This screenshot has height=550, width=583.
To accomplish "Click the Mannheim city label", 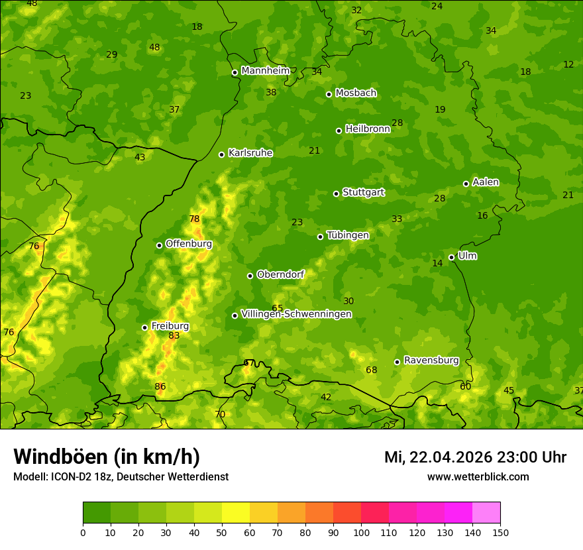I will click(266, 71).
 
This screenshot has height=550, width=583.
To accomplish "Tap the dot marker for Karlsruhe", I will click(222, 154).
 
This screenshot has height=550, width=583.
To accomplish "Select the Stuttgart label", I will click(363, 193).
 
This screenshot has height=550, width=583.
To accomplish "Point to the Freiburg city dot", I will click(145, 327).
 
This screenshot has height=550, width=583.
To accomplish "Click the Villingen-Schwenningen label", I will click(296, 314).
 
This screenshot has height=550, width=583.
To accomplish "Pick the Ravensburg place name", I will click(431, 360).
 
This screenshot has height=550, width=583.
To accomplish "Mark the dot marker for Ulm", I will click(452, 257).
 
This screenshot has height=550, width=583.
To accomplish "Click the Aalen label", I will click(486, 182).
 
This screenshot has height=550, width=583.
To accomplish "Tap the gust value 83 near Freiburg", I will click(174, 336).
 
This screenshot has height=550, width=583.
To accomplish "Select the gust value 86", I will click(160, 387).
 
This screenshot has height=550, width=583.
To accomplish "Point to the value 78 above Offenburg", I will click(194, 219).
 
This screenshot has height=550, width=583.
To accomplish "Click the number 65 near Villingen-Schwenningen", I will click(278, 309).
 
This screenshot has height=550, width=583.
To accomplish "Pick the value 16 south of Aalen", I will click(482, 216).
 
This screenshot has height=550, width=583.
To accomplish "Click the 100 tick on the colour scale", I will click(361, 532).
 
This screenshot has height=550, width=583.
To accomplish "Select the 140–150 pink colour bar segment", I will click(486, 513).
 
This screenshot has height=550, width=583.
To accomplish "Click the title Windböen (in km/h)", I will click(107, 457).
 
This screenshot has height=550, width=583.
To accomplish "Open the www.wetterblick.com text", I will click(478, 477).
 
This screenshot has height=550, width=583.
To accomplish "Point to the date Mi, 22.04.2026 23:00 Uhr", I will click(475, 457).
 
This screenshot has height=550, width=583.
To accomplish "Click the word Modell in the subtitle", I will click(29, 477).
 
